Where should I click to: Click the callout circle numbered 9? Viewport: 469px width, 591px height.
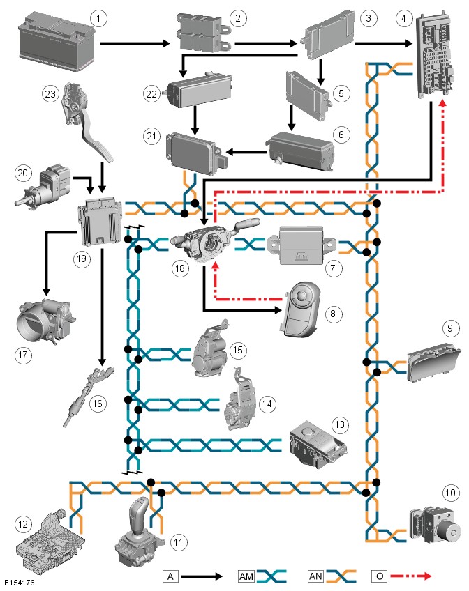tap(448, 327)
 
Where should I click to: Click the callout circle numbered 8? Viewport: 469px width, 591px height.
tap(332, 314)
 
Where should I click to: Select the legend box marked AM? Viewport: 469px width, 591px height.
tap(246, 576)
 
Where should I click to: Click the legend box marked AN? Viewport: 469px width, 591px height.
tap(315, 576)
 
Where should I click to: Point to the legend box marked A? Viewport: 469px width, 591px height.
tap(171, 576)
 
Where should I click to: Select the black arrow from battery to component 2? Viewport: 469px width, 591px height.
tap(135, 44)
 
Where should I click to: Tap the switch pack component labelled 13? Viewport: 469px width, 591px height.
tap(315, 442)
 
